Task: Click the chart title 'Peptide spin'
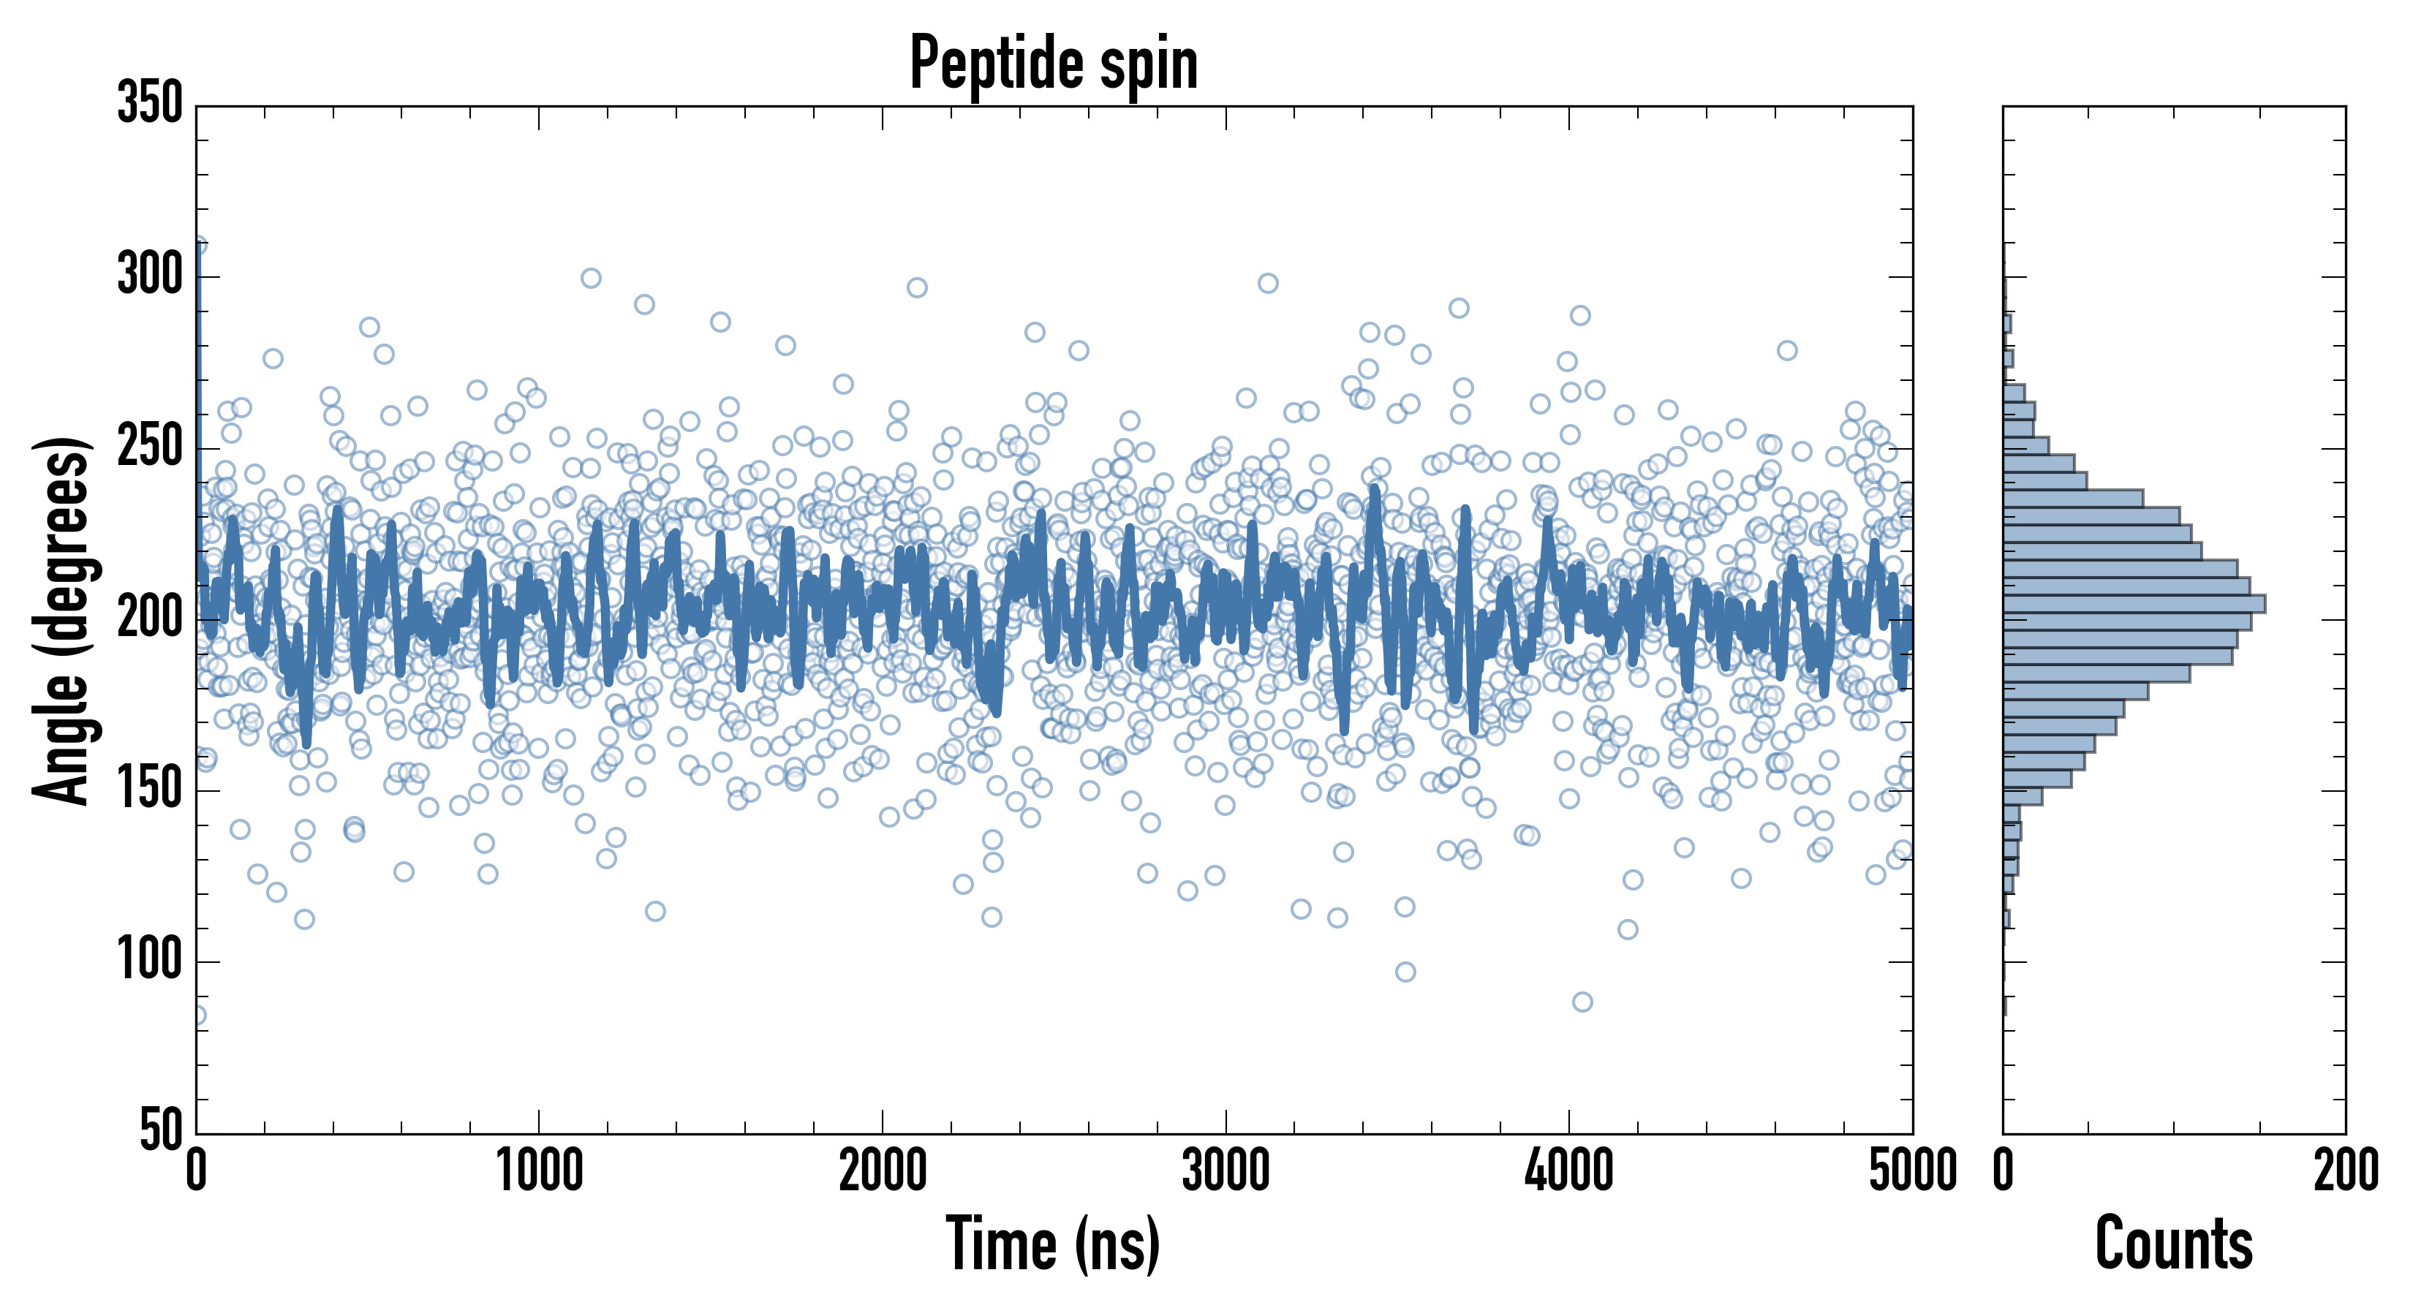click(1054, 64)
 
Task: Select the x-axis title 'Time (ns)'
click(1053, 1244)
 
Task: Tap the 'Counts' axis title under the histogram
click(2173, 1244)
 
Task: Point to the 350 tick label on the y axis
click(150, 104)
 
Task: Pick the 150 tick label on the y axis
click(150, 790)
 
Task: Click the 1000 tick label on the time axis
click(540, 1171)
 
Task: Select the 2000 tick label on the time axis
click(883, 1171)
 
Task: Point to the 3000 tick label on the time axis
click(1226, 1171)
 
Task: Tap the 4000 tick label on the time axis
click(1569, 1171)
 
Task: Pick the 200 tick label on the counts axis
click(2346, 1171)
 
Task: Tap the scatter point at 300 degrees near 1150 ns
click(590, 278)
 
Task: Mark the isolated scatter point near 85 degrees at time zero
click(197, 1016)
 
